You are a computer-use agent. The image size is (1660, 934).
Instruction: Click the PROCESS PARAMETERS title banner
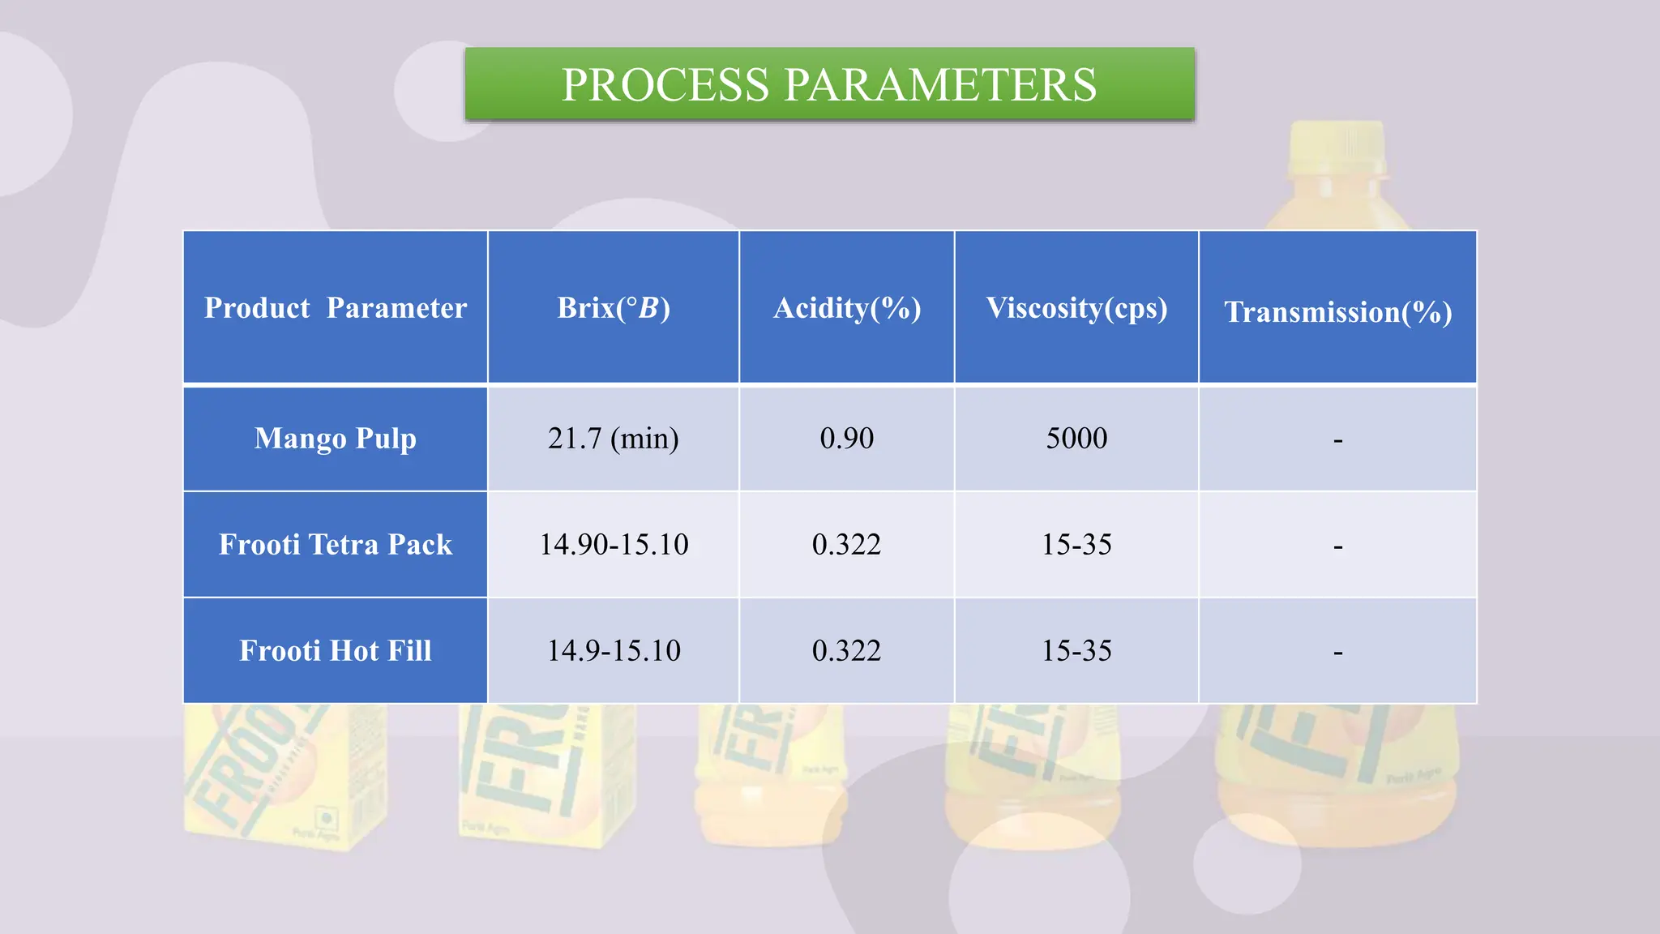tap(829, 84)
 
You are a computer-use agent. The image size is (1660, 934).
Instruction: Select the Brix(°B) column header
tap(614, 308)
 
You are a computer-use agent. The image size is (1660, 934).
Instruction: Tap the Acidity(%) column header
tap(847, 308)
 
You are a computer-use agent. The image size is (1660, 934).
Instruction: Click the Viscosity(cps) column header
tap(1076, 308)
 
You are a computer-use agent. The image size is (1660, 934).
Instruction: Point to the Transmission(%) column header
tap(1337, 312)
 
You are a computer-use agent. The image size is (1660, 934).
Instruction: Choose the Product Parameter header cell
tap(336, 308)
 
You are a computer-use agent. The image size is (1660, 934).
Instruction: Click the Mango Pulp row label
tap(336, 439)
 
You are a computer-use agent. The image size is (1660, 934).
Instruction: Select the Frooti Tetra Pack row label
tap(336, 545)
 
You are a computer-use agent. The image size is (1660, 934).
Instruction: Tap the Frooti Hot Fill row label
tap(336, 651)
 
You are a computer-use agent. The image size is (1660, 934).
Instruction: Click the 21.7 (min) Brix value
tap(614, 439)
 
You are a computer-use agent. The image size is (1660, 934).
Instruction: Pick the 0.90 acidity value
tap(847, 439)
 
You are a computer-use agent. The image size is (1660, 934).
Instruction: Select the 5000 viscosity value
tap(1076, 439)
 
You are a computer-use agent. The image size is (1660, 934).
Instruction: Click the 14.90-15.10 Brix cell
tap(614, 545)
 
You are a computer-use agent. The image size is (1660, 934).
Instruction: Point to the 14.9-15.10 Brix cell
tap(614, 651)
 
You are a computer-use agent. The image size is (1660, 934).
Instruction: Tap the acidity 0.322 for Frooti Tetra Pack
tap(847, 545)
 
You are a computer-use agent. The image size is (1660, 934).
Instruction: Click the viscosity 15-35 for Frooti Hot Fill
tap(1076, 651)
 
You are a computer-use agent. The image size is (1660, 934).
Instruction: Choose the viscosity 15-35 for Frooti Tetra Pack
tap(1076, 545)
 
